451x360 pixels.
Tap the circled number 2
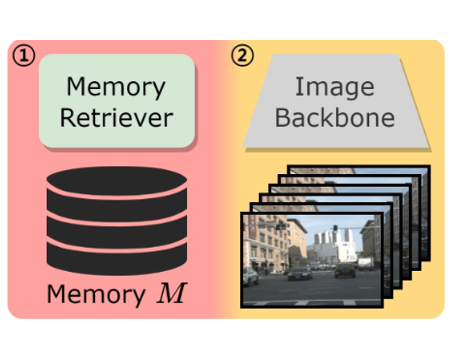tap(242, 56)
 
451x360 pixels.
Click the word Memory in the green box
tap(116, 87)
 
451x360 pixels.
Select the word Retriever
tap(116, 117)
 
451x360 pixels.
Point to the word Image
tap(335, 87)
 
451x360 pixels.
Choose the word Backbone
tap(335, 117)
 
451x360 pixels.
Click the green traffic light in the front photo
tap(335, 228)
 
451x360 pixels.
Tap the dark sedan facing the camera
tap(300, 273)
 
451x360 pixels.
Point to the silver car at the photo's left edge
tap(250, 276)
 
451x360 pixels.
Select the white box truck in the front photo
tap(365, 263)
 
